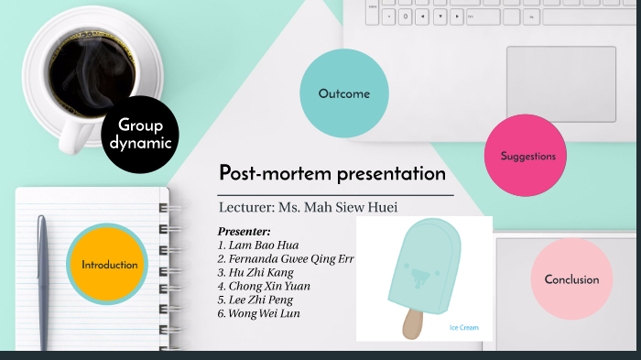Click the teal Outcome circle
point(344,93)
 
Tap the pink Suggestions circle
point(528,156)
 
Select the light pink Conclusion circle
point(571,279)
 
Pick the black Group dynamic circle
point(138,135)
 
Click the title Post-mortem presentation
point(332,173)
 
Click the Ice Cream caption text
point(463,327)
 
